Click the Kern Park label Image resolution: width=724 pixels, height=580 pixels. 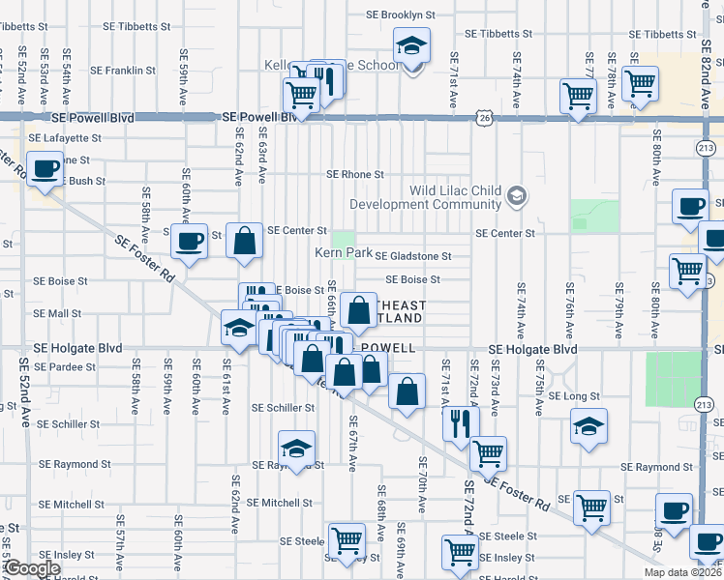(344, 253)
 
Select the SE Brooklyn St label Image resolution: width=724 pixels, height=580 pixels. (400, 15)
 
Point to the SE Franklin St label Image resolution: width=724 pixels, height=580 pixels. (123, 71)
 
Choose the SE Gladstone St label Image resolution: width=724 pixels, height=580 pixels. (413, 256)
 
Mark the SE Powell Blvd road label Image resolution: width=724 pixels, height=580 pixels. (257, 117)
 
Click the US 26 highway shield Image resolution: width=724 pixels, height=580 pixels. (484, 117)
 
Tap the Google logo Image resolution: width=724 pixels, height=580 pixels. (32, 568)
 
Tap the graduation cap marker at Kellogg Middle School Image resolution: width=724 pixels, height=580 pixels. (410, 45)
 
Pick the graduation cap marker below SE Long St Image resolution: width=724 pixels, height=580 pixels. (588, 426)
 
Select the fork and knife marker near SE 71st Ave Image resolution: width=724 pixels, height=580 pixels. (460, 421)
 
